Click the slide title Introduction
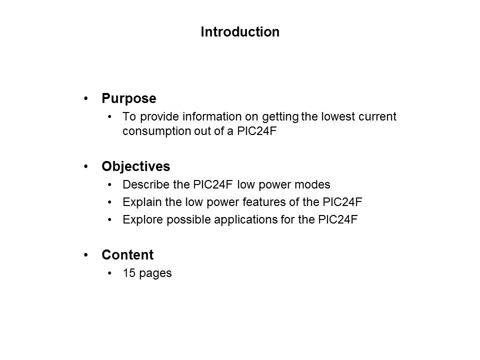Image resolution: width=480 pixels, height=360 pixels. click(x=239, y=32)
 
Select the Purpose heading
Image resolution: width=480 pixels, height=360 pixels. click(x=128, y=99)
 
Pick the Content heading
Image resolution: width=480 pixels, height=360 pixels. click(x=127, y=255)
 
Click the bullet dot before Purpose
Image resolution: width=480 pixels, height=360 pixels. click(x=88, y=99)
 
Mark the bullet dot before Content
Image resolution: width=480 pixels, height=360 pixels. click(x=88, y=255)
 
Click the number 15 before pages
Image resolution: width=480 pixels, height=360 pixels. click(x=128, y=274)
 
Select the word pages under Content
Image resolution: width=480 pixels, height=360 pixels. click(x=155, y=274)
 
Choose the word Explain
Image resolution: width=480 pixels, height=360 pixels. click(x=138, y=202)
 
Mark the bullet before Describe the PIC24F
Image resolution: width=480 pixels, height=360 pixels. click(x=110, y=184)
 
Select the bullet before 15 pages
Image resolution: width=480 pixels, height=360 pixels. click(x=110, y=274)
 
